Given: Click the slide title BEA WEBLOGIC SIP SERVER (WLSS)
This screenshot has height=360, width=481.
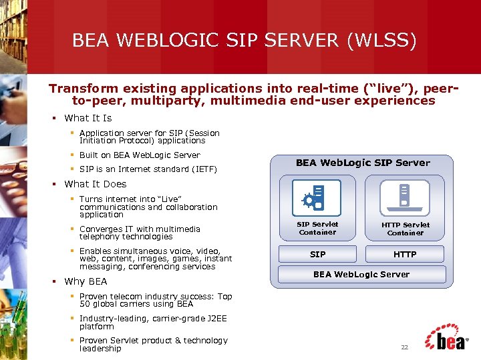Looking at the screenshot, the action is click(244, 41).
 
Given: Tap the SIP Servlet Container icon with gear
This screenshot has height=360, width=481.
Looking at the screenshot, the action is click(316, 197).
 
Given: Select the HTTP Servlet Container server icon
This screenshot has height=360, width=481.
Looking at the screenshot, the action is click(404, 197).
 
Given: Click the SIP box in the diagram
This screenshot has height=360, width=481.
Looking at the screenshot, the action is click(318, 254).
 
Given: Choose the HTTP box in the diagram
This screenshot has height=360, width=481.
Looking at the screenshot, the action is click(405, 254).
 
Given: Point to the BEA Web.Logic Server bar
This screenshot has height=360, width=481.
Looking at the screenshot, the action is click(362, 274).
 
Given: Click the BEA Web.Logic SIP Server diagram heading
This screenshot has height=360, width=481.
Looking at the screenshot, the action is click(363, 163).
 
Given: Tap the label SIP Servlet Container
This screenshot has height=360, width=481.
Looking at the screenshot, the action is click(318, 228).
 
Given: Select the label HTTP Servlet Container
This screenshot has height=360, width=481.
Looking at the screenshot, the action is click(406, 229).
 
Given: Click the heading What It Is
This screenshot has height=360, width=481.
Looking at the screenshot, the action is click(88, 118).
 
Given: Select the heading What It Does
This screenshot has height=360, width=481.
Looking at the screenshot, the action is click(95, 184).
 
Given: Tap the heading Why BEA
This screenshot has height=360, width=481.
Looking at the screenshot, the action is click(86, 281).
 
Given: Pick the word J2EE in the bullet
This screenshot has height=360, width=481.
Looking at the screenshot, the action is click(214, 319).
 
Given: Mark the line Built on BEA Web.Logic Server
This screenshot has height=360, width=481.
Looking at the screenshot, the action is click(139, 155).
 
